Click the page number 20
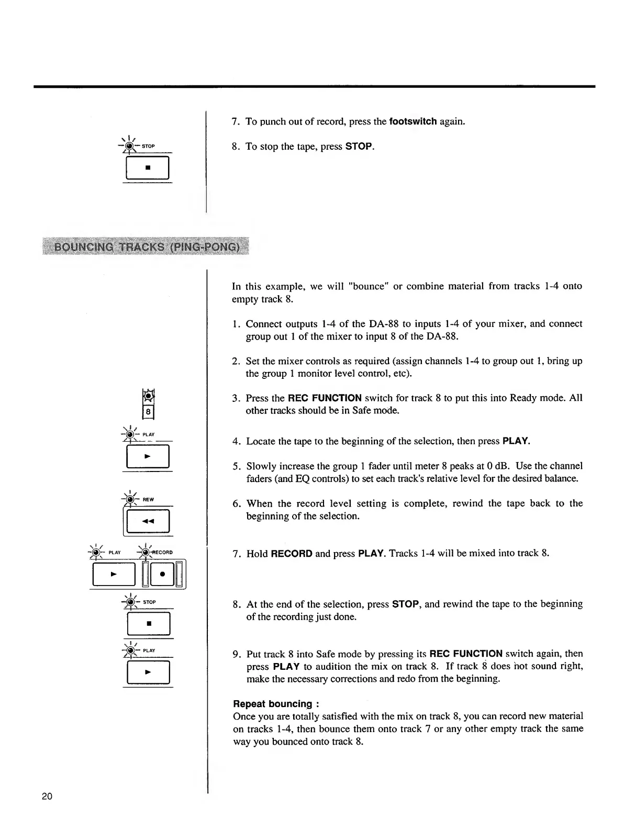click(47, 797)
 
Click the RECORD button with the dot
click(162, 574)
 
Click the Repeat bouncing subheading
click(273, 704)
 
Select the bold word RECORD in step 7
click(292, 554)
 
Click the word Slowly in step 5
click(260, 466)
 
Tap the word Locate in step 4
click(260, 441)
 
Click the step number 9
click(236, 654)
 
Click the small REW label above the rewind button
click(149, 500)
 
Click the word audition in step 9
click(332, 666)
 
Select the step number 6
click(236, 503)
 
